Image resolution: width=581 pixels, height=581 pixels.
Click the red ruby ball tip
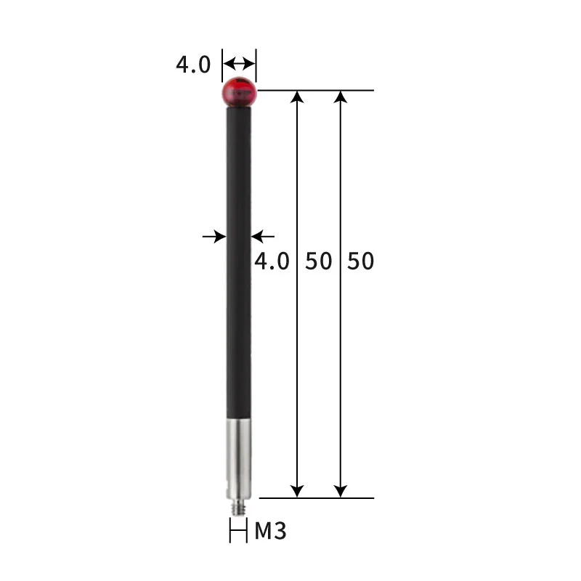pos(239,92)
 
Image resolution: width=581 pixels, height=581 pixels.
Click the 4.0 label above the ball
pos(193,65)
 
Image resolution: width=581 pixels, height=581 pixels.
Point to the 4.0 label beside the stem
pos(272,261)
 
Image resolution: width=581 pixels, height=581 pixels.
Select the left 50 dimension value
pos(317,261)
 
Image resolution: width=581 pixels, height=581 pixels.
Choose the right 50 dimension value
pos(360,261)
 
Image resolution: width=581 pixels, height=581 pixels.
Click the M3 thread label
pos(270,531)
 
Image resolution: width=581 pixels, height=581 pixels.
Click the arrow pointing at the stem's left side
pos(214,236)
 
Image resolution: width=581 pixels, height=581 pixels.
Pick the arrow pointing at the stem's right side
pos(263,236)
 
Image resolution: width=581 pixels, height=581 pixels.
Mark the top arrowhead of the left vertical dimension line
pos(297,97)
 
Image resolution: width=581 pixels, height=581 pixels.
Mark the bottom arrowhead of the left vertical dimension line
pos(297,492)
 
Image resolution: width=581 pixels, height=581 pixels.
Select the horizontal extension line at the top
pos(316,91)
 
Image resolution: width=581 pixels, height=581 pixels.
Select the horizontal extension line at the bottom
pos(316,498)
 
